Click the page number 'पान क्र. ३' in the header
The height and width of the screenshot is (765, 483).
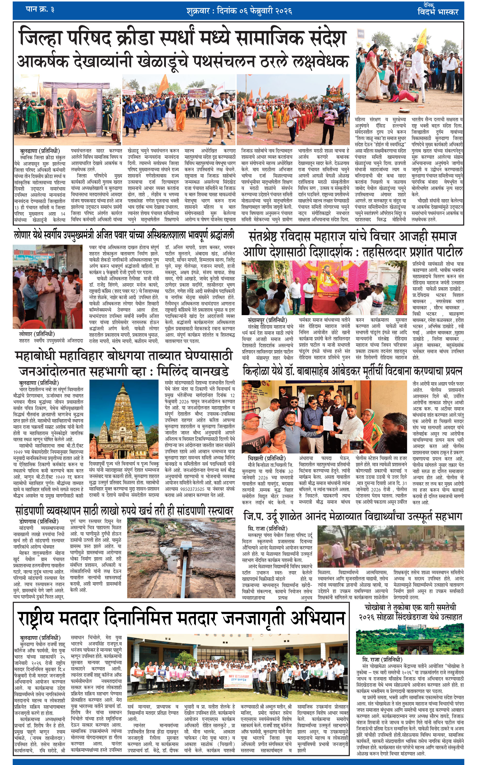(x=40, y=10)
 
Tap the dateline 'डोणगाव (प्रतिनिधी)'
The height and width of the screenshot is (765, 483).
(x=39, y=521)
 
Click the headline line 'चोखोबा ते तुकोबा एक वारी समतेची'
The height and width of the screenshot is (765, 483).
(x=410, y=607)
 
